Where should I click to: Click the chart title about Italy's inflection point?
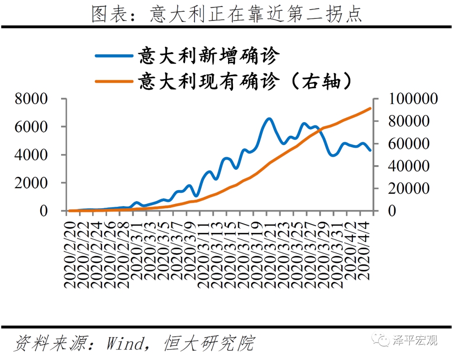click(226, 14)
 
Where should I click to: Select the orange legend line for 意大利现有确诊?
click(113, 81)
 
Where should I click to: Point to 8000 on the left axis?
click(32, 99)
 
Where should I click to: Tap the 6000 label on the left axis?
click(32, 127)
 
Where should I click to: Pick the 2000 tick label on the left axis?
click(32, 183)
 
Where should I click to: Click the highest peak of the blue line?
click(269, 119)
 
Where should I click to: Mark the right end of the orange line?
click(370, 108)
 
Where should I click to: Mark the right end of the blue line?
click(370, 151)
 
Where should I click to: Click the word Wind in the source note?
click(124, 344)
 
